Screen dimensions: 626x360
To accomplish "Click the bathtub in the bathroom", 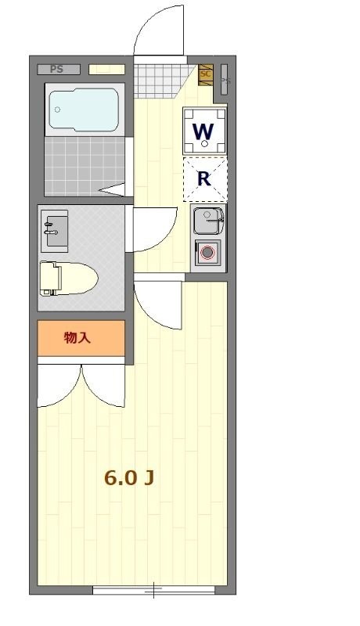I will [x=84, y=110].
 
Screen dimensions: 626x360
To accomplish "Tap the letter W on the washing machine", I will [x=204, y=130].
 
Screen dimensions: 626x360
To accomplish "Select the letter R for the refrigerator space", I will [x=204, y=178].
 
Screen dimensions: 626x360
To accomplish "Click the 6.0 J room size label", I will [x=128, y=478].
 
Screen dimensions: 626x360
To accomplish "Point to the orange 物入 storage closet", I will [x=81, y=338].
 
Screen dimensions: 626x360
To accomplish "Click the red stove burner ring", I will [x=207, y=253].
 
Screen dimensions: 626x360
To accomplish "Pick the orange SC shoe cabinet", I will [x=206, y=74].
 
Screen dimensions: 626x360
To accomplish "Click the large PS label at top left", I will [x=56, y=69].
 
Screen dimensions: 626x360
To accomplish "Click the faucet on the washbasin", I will [x=49, y=228].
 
